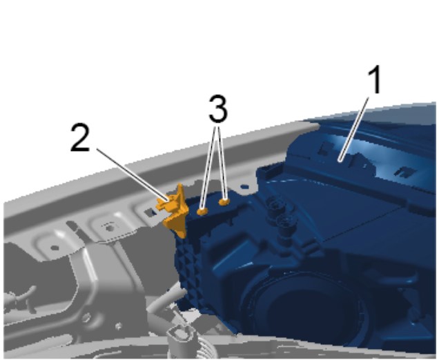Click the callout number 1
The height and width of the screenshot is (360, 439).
click(x=375, y=80)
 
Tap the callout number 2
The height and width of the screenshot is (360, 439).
click(x=80, y=138)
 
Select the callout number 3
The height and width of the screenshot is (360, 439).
click(x=218, y=109)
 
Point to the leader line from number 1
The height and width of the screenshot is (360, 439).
click(x=354, y=128)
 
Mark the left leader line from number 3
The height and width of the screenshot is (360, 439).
click(x=209, y=168)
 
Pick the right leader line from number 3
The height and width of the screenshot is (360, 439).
click(x=222, y=163)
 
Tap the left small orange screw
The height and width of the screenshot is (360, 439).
click(x=202, y=211)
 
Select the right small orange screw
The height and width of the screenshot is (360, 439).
click(x=224, y=201)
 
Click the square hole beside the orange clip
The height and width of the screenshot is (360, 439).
click(x=150, y=212)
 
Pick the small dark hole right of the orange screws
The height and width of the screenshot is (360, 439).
click(x=245, y=186)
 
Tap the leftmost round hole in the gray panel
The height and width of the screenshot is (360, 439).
click(x=55, y=248)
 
